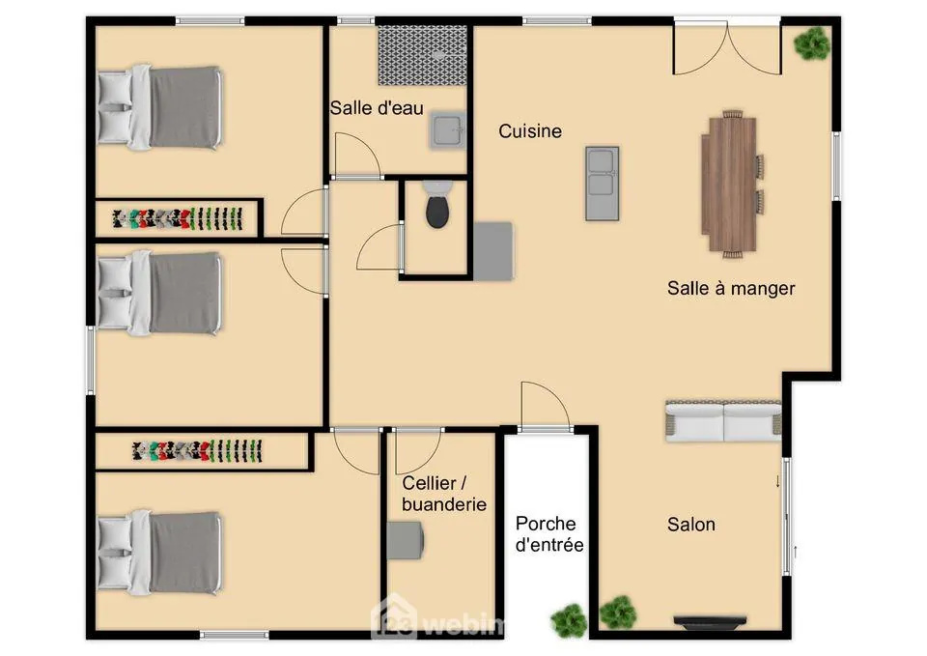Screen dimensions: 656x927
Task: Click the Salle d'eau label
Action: (377, 108)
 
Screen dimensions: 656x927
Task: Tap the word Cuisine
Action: (530, 131)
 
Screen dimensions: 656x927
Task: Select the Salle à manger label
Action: (731, 288)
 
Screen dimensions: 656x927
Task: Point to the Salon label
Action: (691, 525)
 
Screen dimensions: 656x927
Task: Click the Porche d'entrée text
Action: (549, 534)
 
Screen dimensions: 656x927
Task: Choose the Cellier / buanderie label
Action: (443, 494)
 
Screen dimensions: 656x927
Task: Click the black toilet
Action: (437, 210)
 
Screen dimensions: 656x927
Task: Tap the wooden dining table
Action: (729, 183)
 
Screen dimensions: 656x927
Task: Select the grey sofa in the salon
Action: (722, 421)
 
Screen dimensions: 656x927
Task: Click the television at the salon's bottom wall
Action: (710, 621)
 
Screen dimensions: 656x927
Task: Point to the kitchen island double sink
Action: (602, 183)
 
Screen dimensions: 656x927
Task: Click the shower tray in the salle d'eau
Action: (422, 55)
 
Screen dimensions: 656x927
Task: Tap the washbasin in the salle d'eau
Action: (447, 131)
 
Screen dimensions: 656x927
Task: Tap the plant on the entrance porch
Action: (569, 619)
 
